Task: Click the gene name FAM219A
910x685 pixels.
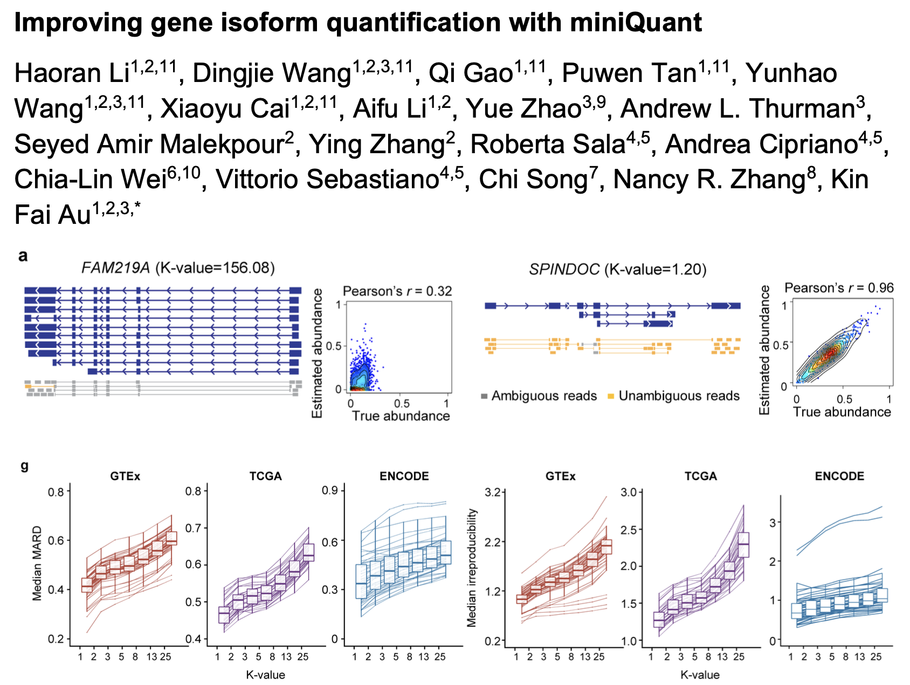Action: click(115, 268)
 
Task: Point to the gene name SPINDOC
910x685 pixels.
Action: click(564, 269)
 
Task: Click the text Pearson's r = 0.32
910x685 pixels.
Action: click(397, 291)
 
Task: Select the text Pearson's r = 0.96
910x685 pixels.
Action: click(839, 288)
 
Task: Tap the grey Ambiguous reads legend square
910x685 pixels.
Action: click(484, 396)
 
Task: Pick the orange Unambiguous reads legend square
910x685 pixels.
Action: click(611, 396)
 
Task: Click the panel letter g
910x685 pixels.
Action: click(24, 465)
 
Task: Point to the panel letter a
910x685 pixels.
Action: click(23, 256)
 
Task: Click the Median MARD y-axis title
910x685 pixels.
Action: click(37, 564)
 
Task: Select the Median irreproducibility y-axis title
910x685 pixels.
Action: click(472, 567)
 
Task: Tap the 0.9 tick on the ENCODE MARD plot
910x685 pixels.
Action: click(330, 490)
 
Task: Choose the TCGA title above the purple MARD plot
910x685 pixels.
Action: click(265, 476)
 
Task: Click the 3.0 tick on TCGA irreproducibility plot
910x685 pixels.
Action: click(629, 492)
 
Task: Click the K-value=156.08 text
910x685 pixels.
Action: click(215, 268)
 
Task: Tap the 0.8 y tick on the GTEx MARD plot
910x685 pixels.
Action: click(56, 491)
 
